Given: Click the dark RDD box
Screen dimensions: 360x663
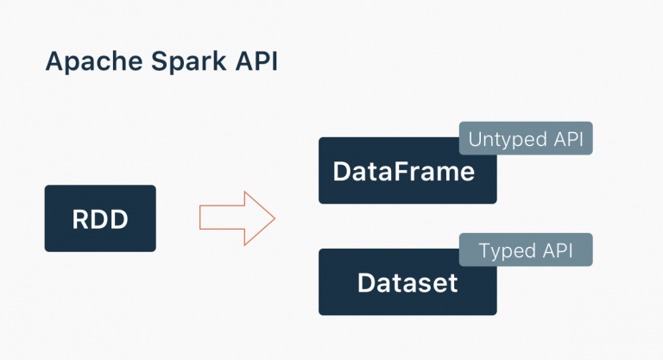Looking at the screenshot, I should click(100, 218).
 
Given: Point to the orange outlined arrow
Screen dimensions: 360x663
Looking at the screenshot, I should click(235, 218).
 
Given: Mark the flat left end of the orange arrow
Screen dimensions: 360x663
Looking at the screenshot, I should click(201, 218).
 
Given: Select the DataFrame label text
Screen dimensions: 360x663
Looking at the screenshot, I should click(403, 172).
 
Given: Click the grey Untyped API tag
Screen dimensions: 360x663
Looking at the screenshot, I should click(525, 138).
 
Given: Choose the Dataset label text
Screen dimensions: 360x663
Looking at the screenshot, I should click(407, 283).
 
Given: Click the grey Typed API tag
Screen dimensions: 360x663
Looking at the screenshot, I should click(525, 251).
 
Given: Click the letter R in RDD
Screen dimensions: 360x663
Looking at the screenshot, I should click(80, 219).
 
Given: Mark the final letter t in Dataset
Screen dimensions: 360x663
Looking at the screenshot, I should click(451, 283).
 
